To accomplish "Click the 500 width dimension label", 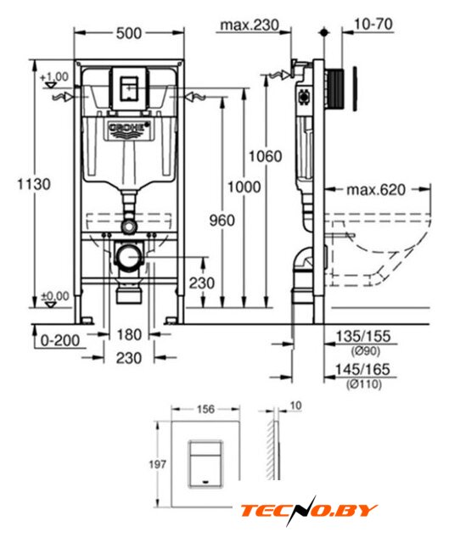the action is point(129,33).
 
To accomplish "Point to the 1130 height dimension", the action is point(34,184).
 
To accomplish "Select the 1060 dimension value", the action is point(266,156).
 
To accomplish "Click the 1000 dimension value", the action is point(244,187).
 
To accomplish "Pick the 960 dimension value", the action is point(222,221).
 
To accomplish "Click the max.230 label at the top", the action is point(250,25).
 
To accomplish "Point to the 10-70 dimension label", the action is point(373,25).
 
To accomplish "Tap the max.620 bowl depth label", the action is point(376,190).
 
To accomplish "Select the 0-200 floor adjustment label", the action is point(60,340).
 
